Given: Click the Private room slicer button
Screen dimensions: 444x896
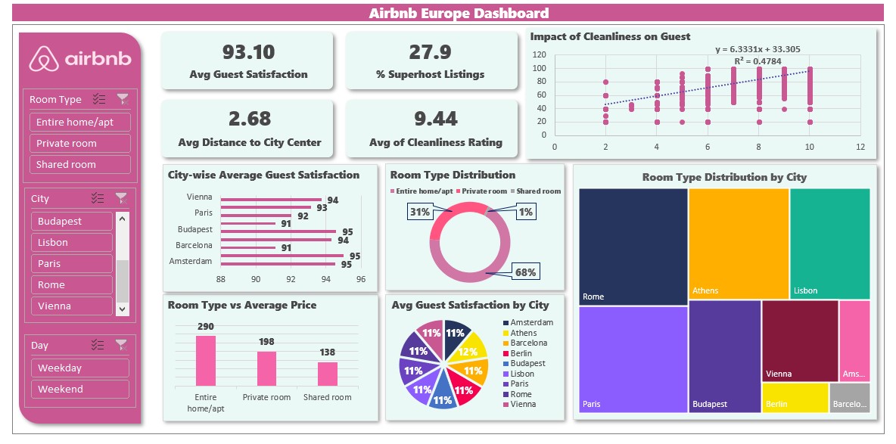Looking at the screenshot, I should pos(79,143).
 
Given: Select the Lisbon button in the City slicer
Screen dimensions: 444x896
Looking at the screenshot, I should pos(72,242).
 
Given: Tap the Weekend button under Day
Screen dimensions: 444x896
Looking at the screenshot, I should pos(79,389).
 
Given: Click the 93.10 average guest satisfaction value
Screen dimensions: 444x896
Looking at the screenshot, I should pos(248,52).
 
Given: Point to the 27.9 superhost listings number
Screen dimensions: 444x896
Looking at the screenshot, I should pos(430,52).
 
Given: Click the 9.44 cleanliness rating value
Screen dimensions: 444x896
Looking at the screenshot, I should pos(436,119).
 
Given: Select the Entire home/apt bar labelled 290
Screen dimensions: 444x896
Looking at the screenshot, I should pos(206,361).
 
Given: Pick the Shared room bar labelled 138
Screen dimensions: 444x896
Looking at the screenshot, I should pos(327,374).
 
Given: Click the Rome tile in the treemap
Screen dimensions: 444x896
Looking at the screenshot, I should pos(633,246).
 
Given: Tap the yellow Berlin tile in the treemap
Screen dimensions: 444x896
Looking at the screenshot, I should pos(795,398).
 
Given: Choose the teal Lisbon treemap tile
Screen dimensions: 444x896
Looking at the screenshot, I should pos(829,243).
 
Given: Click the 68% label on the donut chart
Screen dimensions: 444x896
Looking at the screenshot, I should pos(525,272).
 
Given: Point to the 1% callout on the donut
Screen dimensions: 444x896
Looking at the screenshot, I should pos(525,213).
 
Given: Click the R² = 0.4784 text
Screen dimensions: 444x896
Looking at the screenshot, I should pos(758,61).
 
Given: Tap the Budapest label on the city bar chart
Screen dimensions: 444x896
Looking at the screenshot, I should pos(194,229).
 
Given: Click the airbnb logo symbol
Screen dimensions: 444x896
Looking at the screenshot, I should pos(44,59).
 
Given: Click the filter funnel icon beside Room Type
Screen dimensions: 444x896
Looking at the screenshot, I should pos(123,99).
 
